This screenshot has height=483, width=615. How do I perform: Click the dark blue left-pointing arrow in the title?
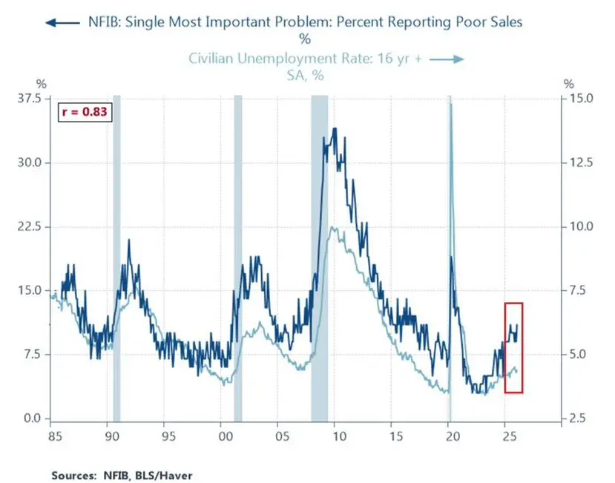pos(62,22)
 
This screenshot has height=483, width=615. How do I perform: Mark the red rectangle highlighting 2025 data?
pos(514,347)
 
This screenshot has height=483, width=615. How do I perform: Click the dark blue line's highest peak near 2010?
pos(335,129)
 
